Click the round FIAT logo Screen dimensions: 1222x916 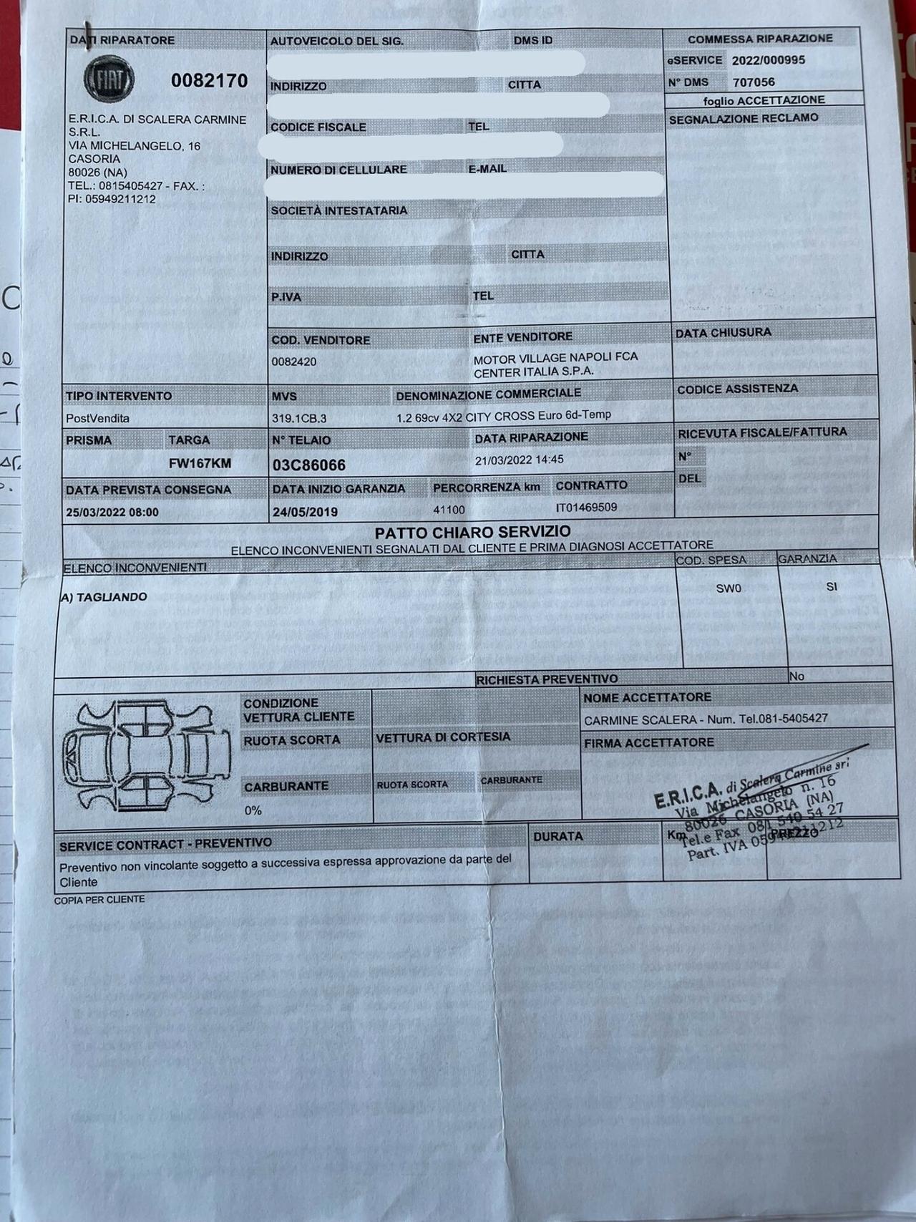(x=109, y=79)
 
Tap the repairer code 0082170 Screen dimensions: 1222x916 (x=209, y=81)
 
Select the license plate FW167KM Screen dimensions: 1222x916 (x=200, y=463)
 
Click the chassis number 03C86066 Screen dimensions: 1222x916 (x=308, y=465)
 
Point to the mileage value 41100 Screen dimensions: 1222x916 (x=449, y=510)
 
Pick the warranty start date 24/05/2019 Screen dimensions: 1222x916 (x=305, y=512)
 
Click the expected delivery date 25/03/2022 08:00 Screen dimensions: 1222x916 (x=112, y=513)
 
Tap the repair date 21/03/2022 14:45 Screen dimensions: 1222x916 (x=519, y=460)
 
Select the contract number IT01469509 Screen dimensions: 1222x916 (x=586, y=508)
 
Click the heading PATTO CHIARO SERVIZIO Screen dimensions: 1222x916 (x=472, y=532)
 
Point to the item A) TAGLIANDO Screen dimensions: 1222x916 (x=103, y=597)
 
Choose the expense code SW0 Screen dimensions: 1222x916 (x=729, y=588)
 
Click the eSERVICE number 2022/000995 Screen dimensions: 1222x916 (x=768, y=60)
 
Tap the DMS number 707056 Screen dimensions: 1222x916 (x=753, y=82)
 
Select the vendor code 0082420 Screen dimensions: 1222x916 (x=293, y=362)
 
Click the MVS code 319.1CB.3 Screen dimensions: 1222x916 (x=299, y=418)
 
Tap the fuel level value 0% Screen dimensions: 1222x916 (x=253, y=810)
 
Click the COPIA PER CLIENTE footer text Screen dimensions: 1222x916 (x=99, y=899)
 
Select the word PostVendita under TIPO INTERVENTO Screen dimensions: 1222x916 (x=97, y=418)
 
